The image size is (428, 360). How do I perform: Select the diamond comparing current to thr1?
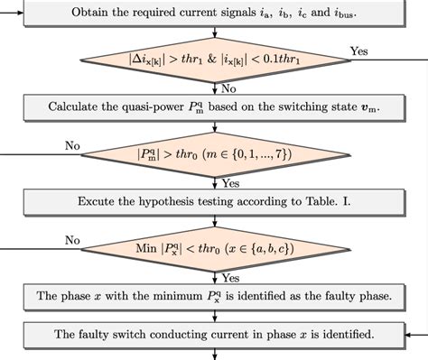click(x=214, y=62)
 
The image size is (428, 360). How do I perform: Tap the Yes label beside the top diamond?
click(x=358, y=51)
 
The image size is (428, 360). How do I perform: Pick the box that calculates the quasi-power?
click(x=214, y=107)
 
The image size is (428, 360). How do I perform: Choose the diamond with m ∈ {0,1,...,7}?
click(x=214, y=155)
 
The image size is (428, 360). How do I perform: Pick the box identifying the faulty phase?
click(x=214, y=295)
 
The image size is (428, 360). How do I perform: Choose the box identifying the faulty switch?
click(x=214, y=335)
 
